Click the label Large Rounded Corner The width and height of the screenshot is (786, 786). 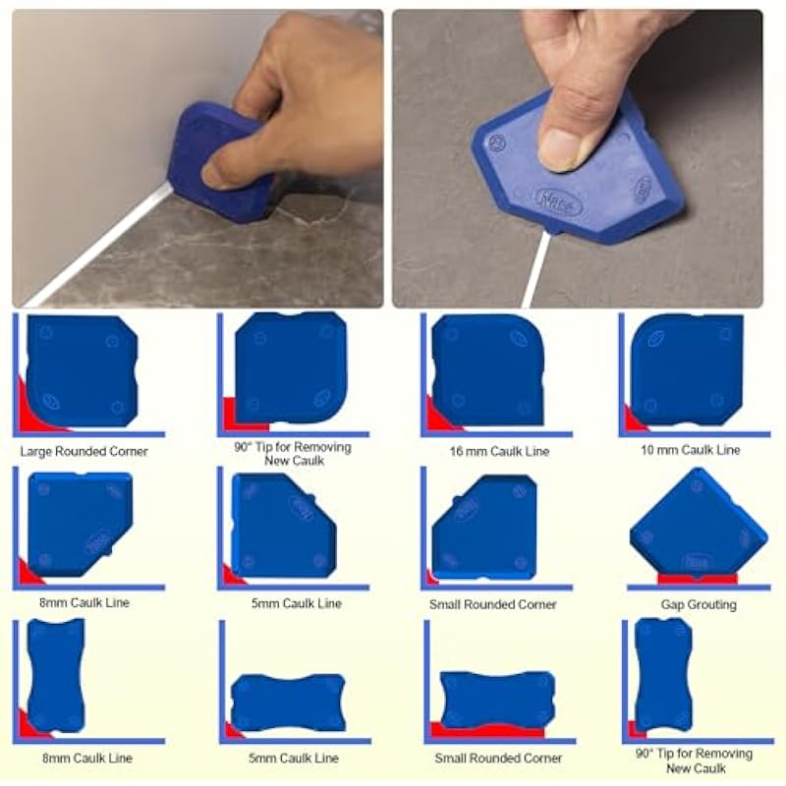point(84,451)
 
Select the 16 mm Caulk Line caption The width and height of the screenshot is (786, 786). point(499,451)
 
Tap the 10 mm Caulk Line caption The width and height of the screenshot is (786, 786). point(691,450)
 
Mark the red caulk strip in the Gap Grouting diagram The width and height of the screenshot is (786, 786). point(698,580)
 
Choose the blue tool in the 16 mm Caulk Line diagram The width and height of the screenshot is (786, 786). point(487,370)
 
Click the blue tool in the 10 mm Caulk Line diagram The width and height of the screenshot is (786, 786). point(687,370)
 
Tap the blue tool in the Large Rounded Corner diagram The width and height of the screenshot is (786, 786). point(83,371)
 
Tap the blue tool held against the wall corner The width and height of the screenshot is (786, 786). point(220,160)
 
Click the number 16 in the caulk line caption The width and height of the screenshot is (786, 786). point(455,451)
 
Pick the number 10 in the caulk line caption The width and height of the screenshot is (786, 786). point(646,450)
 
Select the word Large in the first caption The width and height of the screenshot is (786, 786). point(36,451)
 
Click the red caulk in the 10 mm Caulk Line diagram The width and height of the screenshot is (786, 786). point(634,421)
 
